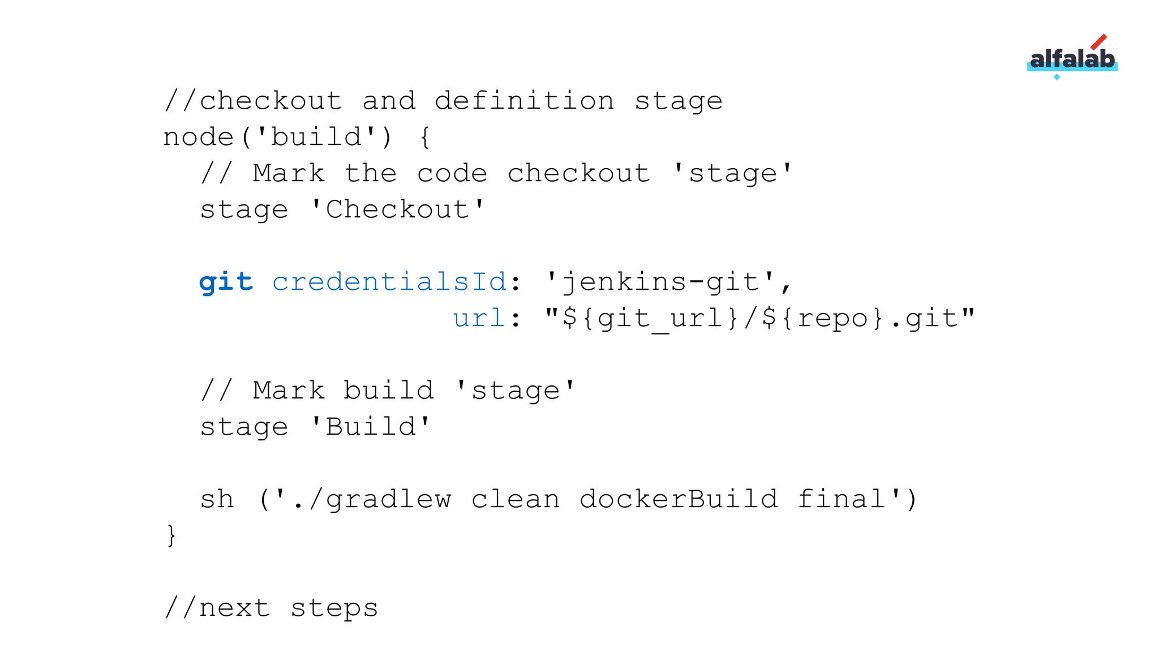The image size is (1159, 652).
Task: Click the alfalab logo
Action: click(1072, 58)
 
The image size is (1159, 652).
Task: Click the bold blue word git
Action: click(226, 282)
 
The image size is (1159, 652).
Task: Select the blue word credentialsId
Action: click(389, 281)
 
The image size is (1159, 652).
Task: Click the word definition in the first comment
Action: click(524, 101)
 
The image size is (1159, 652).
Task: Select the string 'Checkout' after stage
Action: click(398, 209)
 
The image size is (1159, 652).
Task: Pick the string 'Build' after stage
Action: click(371, 427)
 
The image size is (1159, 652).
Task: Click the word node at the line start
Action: click(199, 137)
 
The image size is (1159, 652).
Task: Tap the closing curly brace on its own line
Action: click(171, 535)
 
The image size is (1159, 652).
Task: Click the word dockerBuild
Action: click(679, 499)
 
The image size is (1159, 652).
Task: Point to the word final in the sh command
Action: click(842, 499)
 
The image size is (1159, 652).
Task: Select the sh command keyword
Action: click(217, 499)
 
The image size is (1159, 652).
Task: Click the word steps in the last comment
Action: click(334, 608)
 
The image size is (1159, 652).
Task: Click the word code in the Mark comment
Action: click(452, 173)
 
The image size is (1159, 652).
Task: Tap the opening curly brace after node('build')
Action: click(425, 138)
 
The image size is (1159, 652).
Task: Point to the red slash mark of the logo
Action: click(1098, 42)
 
